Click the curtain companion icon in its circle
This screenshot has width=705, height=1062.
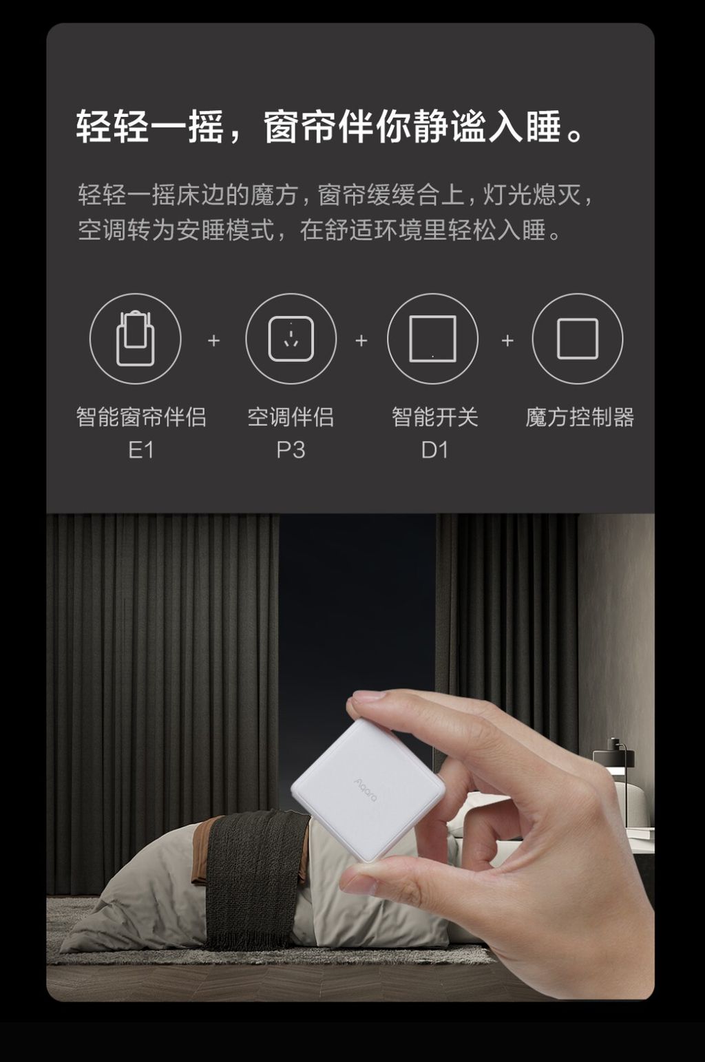pyautogui.click(x=135, y=339)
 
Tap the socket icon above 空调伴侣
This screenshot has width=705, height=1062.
pyautogui.click(x=291, y=339)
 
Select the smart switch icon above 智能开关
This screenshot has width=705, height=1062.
pyautogui.click(x=432, y=339)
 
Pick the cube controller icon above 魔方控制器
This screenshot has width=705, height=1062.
pyautogui.click(x=577, y=339)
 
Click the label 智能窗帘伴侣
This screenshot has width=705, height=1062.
pyautogui.click(x=141, y=417)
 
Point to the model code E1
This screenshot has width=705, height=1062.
pyautogui.click(x=141, y=450)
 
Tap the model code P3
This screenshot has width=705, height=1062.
pyautogui.click(x=291, y=450)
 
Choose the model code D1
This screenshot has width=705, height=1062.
pyautogui.click(x=434, y=450)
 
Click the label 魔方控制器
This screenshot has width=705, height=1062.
pyautogui.click(x=580, y=417)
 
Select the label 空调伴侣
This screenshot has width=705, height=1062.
pyautogui.click(x=291, y=417)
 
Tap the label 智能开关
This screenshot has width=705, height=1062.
pyautogui.click(x=434, y=417)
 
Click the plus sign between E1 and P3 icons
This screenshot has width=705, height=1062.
pyautogui.click(x=214, y=341)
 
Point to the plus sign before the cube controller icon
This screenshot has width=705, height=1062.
pyautogui.click(x=507, y=341)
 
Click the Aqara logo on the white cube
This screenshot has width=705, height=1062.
pyautogui.click(x=366, y=789)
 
